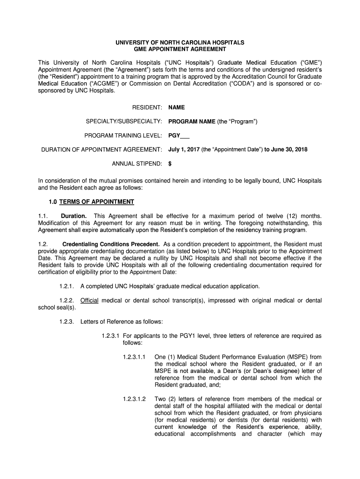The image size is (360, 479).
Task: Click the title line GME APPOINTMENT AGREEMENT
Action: point(180,49)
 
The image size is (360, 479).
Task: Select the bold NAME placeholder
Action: point(177,107)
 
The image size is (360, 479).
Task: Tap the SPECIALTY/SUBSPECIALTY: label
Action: point(123,122)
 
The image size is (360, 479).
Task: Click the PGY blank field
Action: point(179,136)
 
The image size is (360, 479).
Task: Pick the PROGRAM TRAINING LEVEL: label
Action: point(123,136)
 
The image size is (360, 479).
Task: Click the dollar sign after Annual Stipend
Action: point(170,164)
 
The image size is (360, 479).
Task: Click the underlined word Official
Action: point(89,300)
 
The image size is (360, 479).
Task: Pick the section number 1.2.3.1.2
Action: point(135,399)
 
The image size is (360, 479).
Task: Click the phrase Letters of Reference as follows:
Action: point(122,321)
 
